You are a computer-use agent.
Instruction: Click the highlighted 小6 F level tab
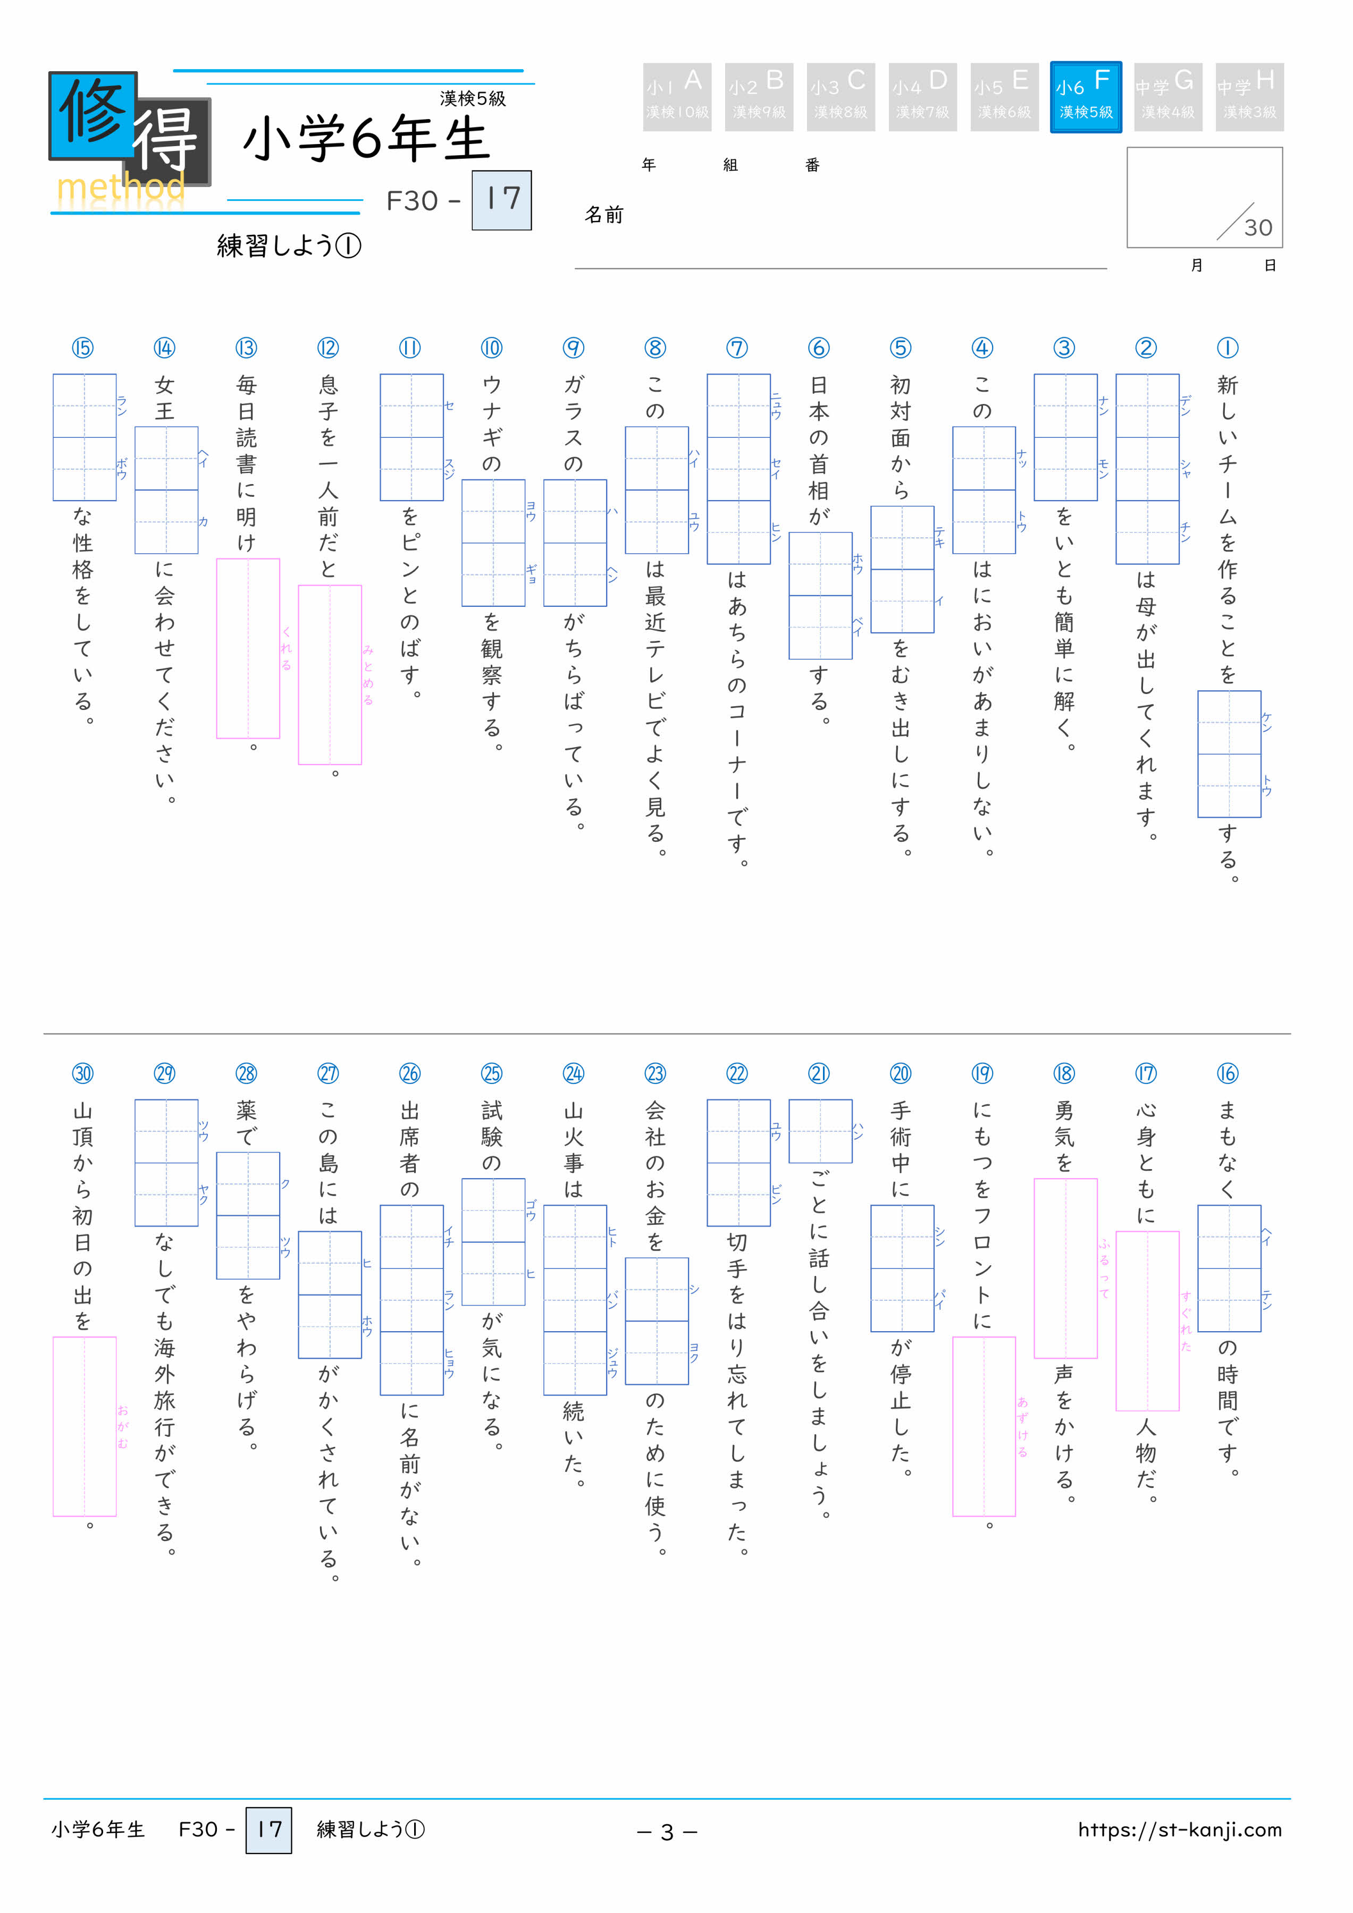pos(1086,97)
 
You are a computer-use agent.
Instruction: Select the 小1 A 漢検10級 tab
pos(677,97)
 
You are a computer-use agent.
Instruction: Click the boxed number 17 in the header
pos(502,200)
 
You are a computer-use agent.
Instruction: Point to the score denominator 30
pos(1258,227)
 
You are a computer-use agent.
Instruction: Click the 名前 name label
pos(603,215)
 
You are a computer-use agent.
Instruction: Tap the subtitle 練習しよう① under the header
pos(289,246)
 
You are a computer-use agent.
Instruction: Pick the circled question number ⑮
pos(82,348)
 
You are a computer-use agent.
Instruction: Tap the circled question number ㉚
pos(82,1073)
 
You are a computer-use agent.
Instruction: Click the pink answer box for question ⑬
pos(248,648)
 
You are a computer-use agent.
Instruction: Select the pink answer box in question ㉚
pos(84,1426)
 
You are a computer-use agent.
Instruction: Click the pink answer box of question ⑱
pos(1065,1267)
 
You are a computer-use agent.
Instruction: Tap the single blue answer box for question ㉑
pos(820,1131)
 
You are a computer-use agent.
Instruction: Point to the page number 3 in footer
pos(667,1831)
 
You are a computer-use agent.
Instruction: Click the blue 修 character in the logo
pos(91,114)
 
